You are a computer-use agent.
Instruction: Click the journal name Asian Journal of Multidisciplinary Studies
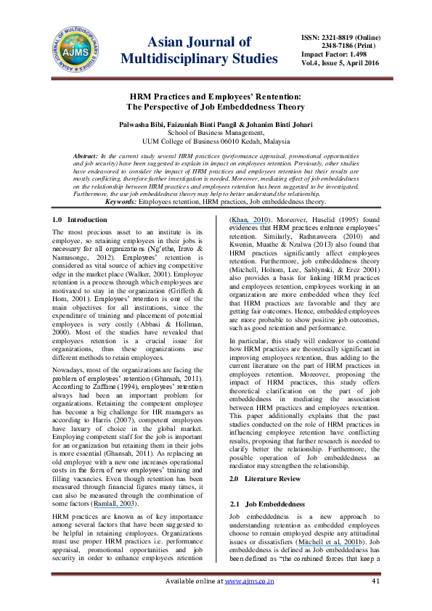click(x=199, y=50)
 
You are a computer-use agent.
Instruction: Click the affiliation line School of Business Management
click(x=216, y=134)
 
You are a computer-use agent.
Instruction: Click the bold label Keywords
click(x=123, y=201)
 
